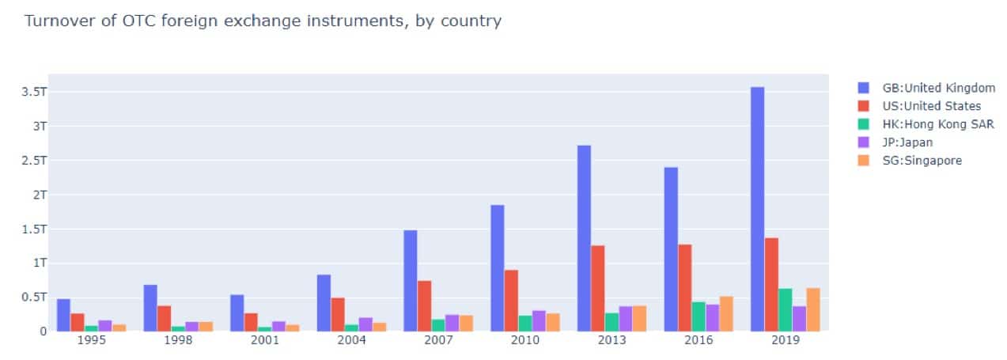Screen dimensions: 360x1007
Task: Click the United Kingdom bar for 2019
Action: click(x=757, y=209)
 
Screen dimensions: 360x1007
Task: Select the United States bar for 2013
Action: click(x=597, y=288)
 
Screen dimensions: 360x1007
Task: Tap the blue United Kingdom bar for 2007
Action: click(x=410, y=280)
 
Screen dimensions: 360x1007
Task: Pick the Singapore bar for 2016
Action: click(x=726, y=313)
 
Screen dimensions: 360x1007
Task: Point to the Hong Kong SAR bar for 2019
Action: click(x=786, y=309)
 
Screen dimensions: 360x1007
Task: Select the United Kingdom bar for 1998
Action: click(x=150, y=308)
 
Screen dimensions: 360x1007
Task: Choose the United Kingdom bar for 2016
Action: click(x=671, y=249)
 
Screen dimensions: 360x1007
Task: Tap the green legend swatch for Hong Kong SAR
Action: click(x=864, y=125)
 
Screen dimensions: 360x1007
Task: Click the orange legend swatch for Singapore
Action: click(x=864, y=161)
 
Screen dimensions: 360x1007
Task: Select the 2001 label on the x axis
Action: click(x=265, y=340)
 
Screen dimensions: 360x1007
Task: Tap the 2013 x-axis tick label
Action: click(x=612, y=340)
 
